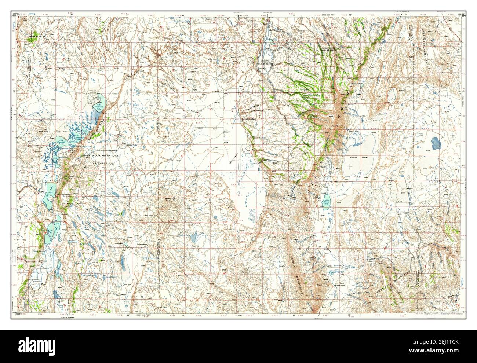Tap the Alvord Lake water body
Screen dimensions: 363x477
(327, 202)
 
